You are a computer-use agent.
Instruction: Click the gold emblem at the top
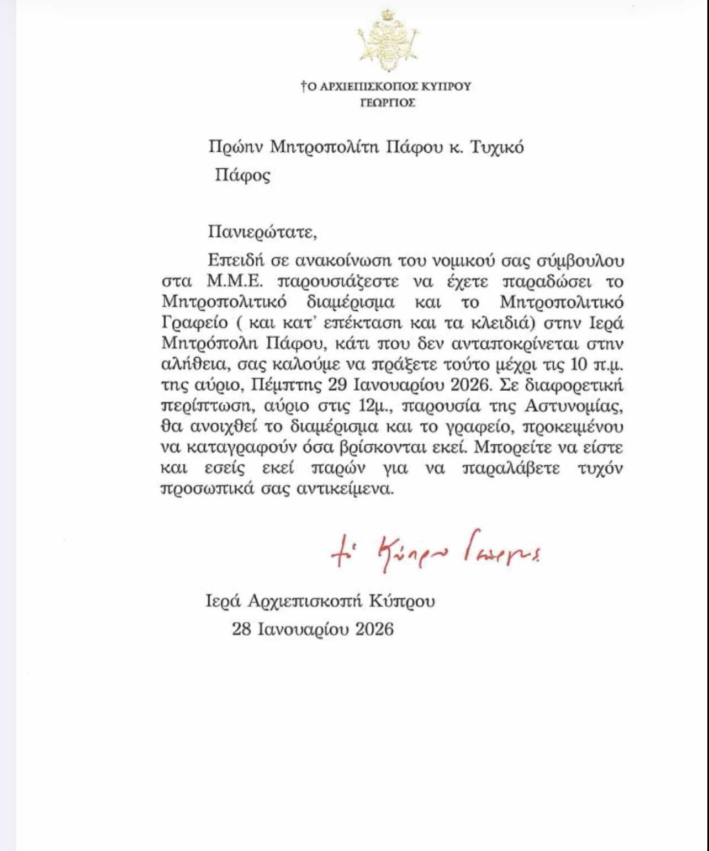387,41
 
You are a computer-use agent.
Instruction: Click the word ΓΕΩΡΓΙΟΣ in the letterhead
387,103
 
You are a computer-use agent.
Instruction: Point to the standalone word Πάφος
242,176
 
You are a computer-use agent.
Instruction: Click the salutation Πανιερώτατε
263,231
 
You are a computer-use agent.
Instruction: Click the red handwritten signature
436,552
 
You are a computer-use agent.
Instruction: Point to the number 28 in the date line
242,629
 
